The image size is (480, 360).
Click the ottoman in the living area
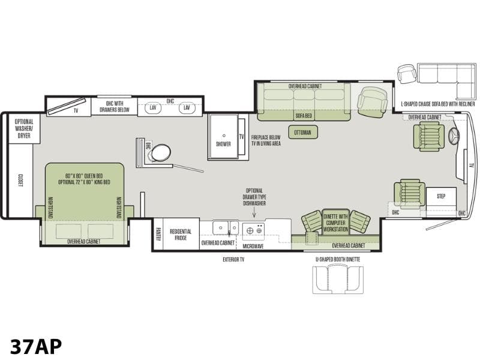(x=303, y=132)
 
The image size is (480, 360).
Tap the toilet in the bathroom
(x=160, y=153)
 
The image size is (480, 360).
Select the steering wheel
(x=455, y=136)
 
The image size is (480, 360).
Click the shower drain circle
(x=224, y=136)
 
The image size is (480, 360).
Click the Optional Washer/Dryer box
(x=24, y=128)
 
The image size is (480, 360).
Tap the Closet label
(x=20, y=181)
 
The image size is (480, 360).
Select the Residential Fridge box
(x=181, y=234)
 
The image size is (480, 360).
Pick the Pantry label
(x=158, y=234)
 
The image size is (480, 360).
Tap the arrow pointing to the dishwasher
(x=254, y=213)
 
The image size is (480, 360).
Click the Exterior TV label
(x=233, y=260)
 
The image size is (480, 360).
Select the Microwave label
(x=253, y=246)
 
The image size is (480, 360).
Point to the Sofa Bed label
(x=304, y=116)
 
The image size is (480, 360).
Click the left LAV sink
(x=153, y=108)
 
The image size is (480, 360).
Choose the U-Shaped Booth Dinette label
(x=338, y=259)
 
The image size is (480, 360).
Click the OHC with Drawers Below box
(x=114, y=106)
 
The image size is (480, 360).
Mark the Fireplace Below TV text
(x=266, y=140)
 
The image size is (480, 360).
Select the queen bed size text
(x=84, y=179)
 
